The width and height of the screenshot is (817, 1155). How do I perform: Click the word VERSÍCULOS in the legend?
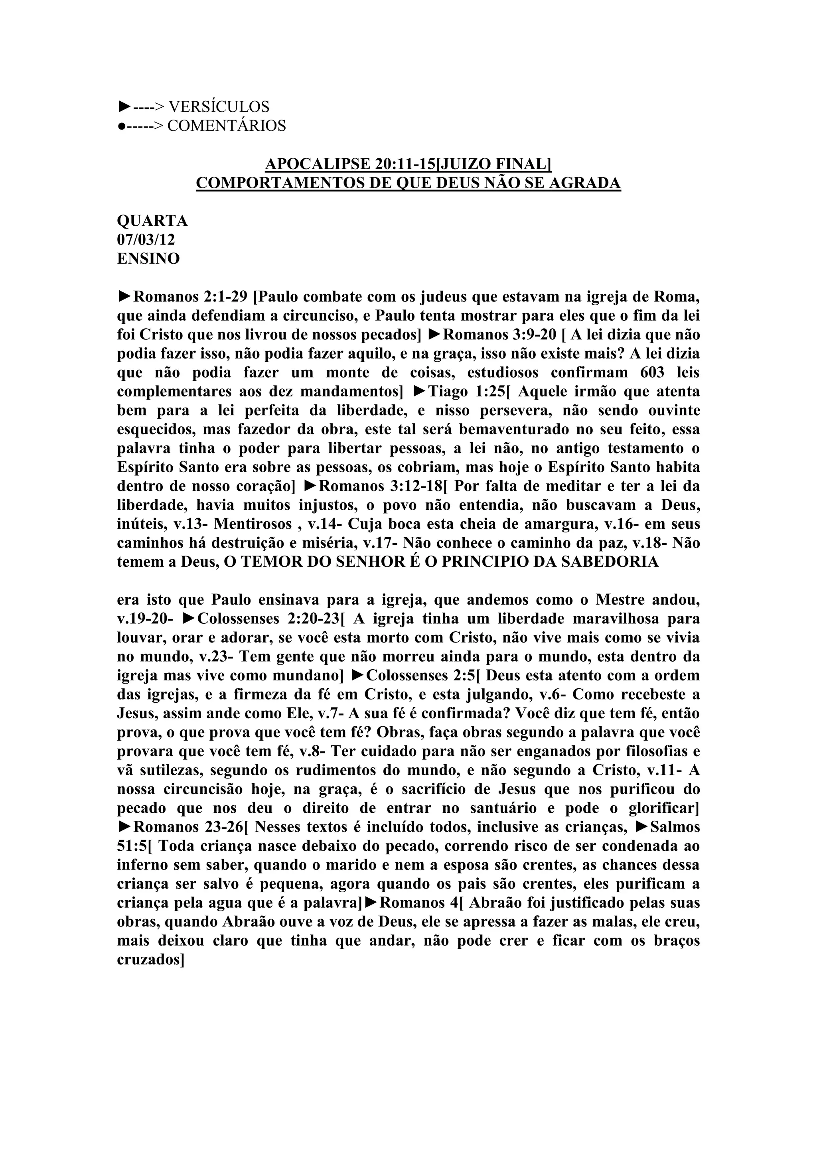(218, 106)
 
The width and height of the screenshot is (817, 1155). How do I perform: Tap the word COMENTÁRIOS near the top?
(226, 126)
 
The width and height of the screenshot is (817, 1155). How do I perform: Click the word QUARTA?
(152, 221)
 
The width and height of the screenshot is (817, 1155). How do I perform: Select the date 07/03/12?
(146, 239)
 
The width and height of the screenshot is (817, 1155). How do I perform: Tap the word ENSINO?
(148, 258)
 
